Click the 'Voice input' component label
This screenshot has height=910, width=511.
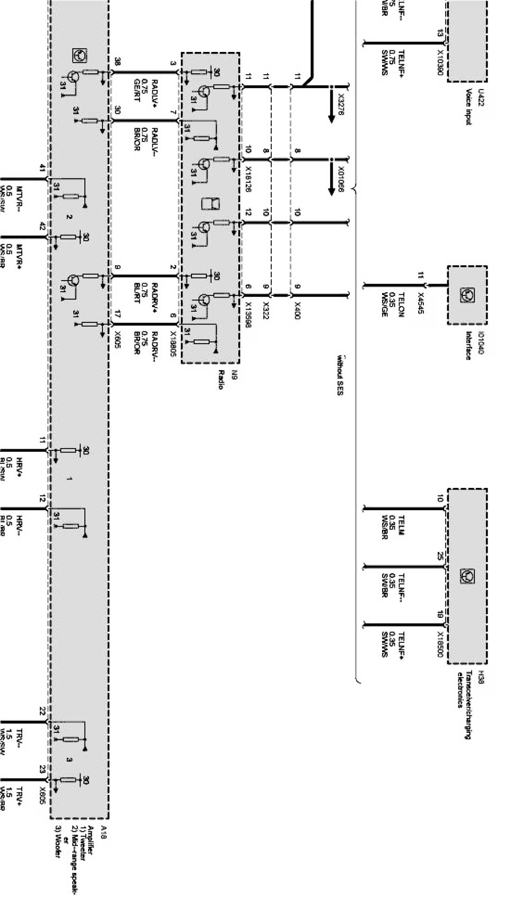[469, 107]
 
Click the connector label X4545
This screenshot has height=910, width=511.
[421, 302]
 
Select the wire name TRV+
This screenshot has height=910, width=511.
[19, 796]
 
